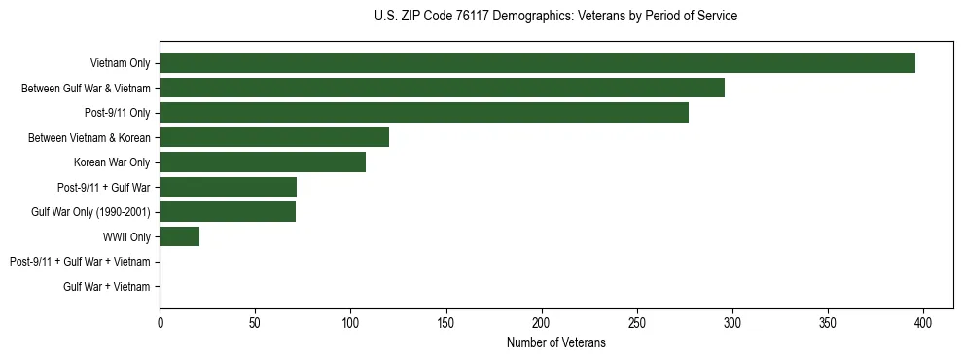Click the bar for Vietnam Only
(537, 63)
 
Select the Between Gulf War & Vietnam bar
(442, 88)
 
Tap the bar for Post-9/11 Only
(424, 113)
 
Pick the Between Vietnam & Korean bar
(274, 137)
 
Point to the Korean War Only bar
(263, 162)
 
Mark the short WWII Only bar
(179, 236)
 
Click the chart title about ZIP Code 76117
(555, 17)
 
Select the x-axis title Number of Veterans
(555, 342)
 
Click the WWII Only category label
(126, 237)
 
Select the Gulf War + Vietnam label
(106, 287)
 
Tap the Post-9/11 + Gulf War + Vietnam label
(80, 262)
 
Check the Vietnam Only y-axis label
(120, 63)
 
